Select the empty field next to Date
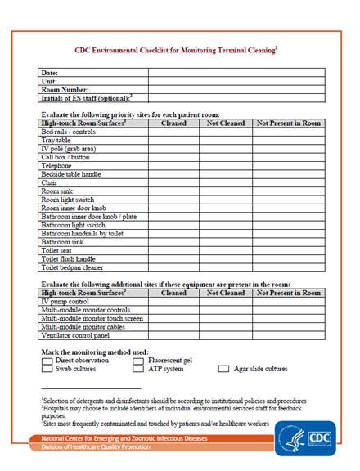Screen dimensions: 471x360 pos(236,73)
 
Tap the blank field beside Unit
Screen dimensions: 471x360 pos(236,81)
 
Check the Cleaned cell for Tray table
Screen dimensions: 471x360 pos(173,140)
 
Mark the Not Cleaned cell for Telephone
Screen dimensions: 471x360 pos(225,165)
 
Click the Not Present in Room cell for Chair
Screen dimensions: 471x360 pos(288,182)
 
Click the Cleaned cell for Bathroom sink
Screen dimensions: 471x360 pos(173,242)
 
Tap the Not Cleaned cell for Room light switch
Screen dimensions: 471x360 pos(225,200)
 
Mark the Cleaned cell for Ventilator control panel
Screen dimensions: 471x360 pos(173,334)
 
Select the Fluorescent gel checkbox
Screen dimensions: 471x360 pos(138,360)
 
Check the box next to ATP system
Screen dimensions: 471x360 pos(138,369)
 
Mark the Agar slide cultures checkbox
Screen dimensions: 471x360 pos(223,369)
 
